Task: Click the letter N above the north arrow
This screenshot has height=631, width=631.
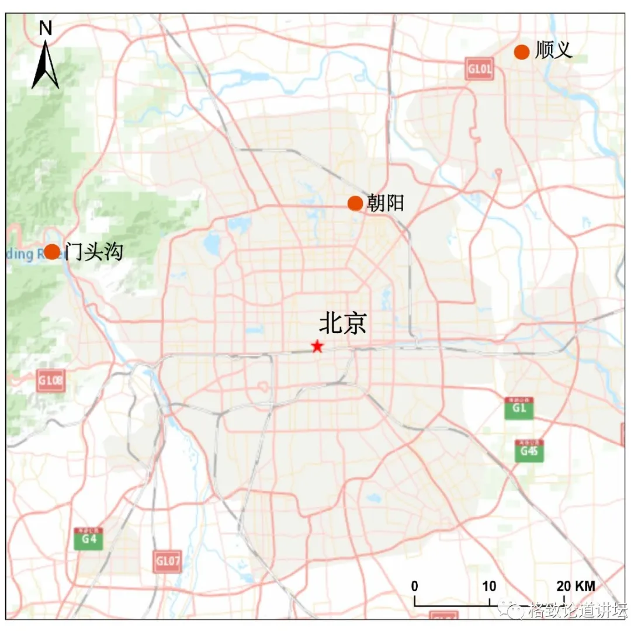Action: [46, 28]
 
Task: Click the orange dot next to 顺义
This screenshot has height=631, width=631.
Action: [522, 52]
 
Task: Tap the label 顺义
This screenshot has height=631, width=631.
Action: [553, 51]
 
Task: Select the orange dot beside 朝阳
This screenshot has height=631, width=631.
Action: [355, 203]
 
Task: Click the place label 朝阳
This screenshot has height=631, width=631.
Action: [386, 203]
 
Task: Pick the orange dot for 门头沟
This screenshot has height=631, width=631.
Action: [52, 252]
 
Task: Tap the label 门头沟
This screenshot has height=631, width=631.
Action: [93, 252]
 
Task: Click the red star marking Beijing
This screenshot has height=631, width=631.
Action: [317, 346]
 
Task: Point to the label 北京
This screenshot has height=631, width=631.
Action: [342, 324]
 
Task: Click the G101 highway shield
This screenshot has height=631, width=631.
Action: [480, 69]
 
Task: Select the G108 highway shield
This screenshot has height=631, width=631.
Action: [50, 380]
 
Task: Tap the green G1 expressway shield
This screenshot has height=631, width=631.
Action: [519, 408]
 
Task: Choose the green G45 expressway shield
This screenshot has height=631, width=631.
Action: [529, 450]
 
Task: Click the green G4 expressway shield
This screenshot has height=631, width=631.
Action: [88, 539]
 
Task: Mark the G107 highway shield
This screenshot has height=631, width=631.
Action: [168, 561]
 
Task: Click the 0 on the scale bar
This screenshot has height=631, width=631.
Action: [415, 586]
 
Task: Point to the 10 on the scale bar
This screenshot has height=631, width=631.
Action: [490, 586]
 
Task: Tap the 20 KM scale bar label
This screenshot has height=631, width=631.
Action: [575, 586]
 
